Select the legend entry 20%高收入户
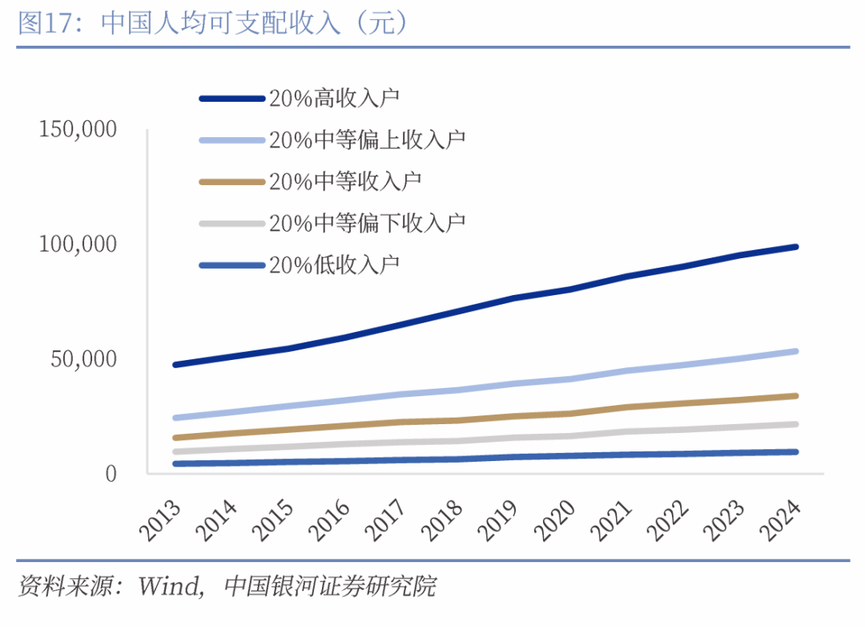[334, 99]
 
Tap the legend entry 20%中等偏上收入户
[367, 140]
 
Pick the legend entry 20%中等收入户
[345, 181]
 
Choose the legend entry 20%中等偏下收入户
[367, 222]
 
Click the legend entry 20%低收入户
[334, 265]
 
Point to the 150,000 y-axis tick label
[78, 129]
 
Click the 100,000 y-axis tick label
[78, 244]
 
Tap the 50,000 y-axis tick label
[83, 358]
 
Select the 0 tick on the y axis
[111, 473]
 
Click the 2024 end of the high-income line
[795, 247]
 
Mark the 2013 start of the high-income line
[175, 365]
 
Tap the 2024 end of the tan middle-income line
[795, 395]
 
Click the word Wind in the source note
[169, 586]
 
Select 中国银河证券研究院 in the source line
[330, 586]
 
